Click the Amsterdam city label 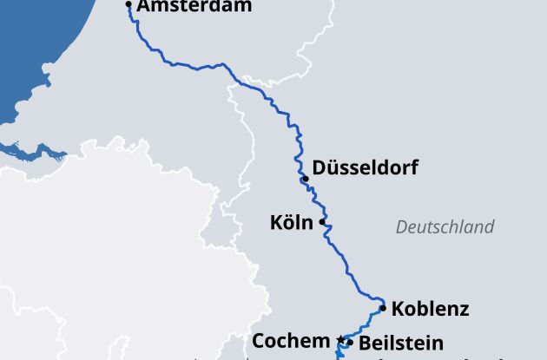click(x=194, y=6)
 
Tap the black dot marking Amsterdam click(x=129, y=5)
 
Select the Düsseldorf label click(x=365, y=167)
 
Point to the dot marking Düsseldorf click(x=306, y=179)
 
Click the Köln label click(x=291, y=223)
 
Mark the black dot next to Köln click(x=322, y=222)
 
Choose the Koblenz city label click(x=430, y=308)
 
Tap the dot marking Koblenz click(x=383, y=307)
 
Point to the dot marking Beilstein click(x=349, y=343)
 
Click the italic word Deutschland click(x=445, y=227)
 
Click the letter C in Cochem click(x=259, y=341)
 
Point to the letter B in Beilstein click(x=365, y=343)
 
